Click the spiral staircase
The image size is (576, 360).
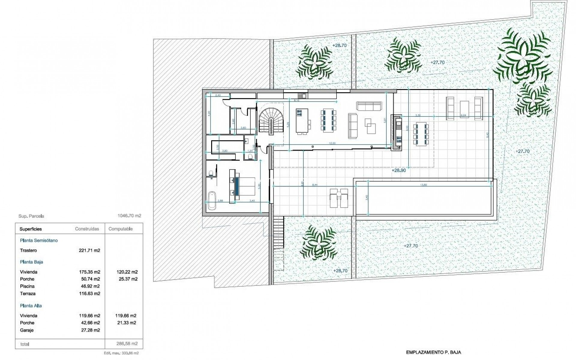271,120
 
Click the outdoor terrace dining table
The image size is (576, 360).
421,134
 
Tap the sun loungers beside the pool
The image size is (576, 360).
339,198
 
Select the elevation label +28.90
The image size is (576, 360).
399,170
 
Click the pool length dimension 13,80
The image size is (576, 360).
424,185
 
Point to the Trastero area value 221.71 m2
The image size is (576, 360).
89,250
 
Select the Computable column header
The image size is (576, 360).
121,229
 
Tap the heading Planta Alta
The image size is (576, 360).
31,306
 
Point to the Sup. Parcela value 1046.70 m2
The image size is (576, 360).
129,216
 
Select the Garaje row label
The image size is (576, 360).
27,330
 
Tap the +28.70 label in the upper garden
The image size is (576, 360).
339,45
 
